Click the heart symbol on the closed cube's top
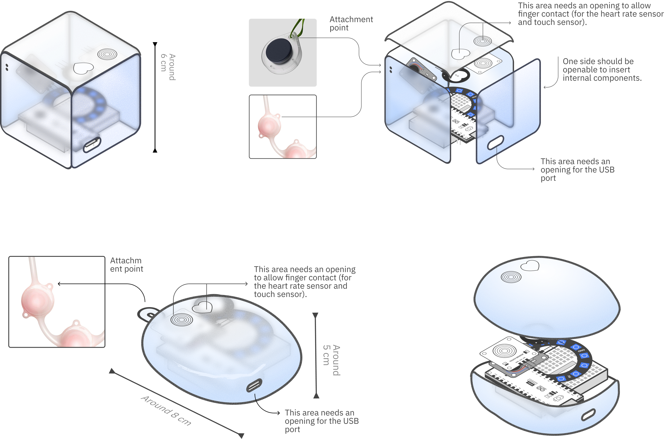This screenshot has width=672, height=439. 83,68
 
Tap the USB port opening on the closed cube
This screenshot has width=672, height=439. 92,144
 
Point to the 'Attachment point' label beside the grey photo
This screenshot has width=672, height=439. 351,24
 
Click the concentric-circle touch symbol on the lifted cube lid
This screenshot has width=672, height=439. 483,41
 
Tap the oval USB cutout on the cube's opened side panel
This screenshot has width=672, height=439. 495,143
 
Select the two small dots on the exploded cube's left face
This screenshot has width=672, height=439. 391,69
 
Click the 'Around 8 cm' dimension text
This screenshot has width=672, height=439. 166,410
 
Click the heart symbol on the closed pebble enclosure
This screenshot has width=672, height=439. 202,307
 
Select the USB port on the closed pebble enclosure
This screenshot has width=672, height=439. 254,386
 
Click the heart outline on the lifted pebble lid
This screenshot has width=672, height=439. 530,266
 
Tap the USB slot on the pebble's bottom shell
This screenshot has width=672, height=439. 588,415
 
